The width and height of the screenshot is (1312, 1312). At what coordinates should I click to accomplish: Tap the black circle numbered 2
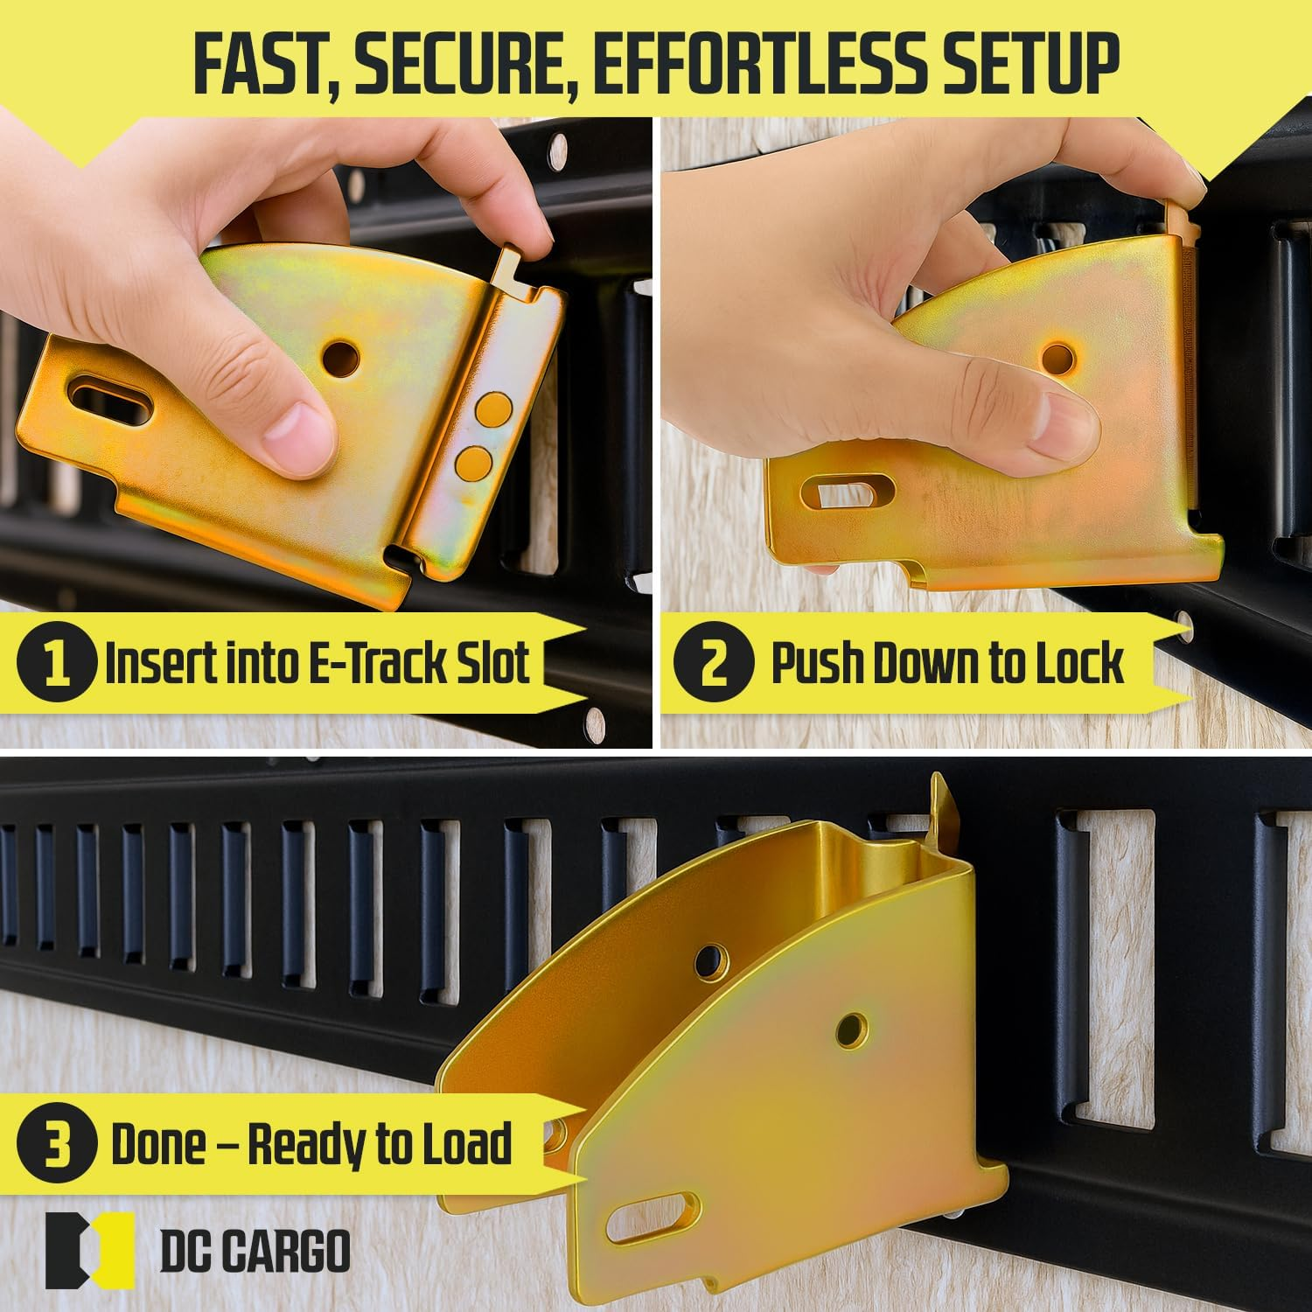pyautogui.click(x=713, y=662)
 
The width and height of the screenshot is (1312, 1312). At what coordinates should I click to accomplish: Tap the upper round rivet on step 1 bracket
pyautogui.click(x=494, y=408)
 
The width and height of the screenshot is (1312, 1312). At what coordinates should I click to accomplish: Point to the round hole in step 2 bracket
pyautogui.click(x=1057, y=358)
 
